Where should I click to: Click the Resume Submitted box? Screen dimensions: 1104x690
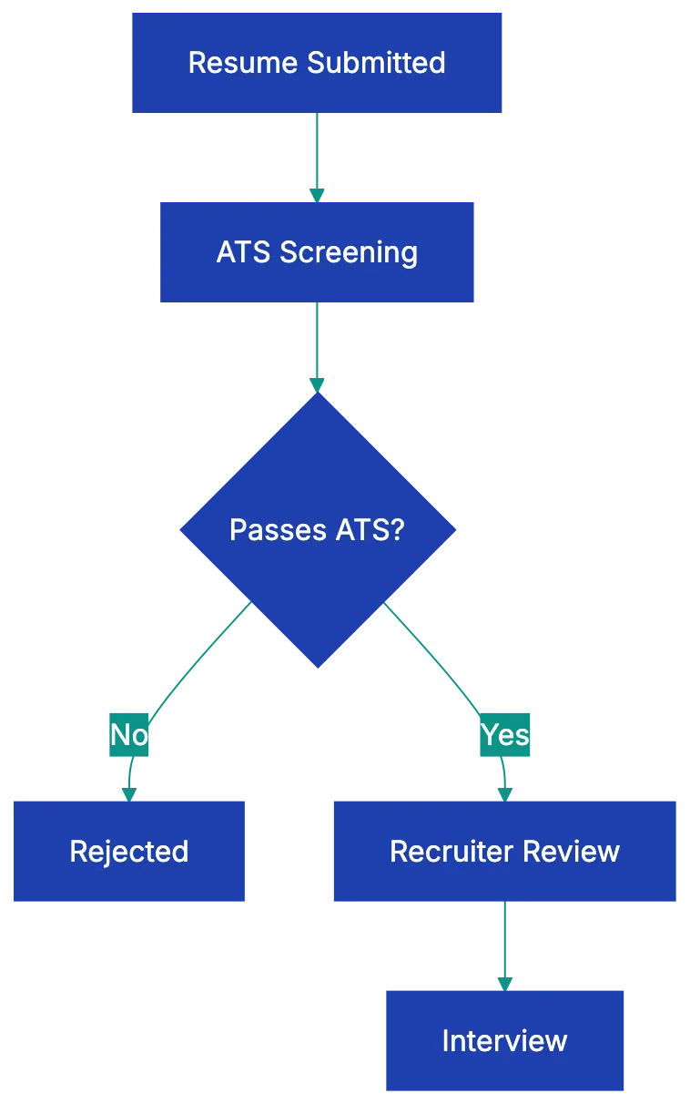click(316, 63)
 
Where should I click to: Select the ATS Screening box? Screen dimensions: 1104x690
click(318, 252)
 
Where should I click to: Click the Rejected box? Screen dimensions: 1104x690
click(128, 851)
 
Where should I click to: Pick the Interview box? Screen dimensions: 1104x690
click(504, 1040)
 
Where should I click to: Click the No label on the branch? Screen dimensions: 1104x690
click(129, 734)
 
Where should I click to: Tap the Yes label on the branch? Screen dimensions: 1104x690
click(504, 734)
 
